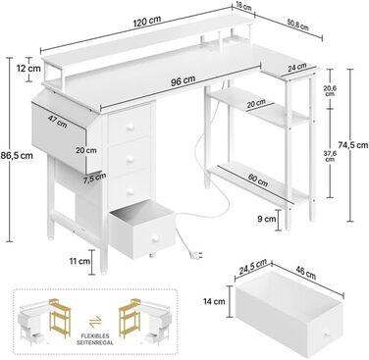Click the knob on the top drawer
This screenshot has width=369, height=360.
pyautogui.click(x=129, y=129)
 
